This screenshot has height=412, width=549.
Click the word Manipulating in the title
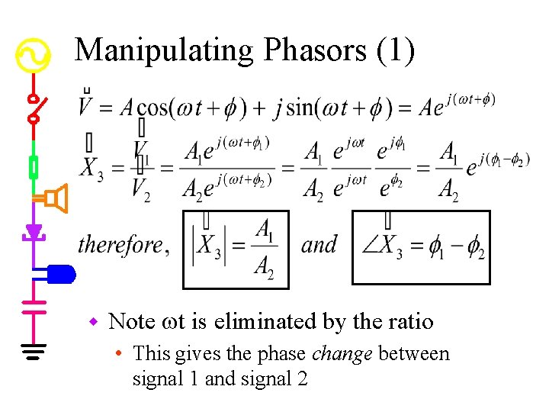(x=164, y=52)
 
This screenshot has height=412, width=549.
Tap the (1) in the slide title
(x=395, y=51)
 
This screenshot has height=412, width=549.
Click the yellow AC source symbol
(x=34, y=56)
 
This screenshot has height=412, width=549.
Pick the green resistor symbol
(x=34, y=166)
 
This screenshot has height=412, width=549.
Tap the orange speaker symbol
(x=55, y=199)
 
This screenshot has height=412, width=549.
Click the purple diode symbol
(x=34, y=231)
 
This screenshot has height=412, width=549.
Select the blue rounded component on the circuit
(x=59, y=273)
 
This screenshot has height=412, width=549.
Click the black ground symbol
(x=34, y=351)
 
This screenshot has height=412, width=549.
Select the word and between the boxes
(x=319, y=245)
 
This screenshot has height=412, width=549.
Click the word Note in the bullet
(x=132, y=322)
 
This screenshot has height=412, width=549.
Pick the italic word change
(x=349, y=354)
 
